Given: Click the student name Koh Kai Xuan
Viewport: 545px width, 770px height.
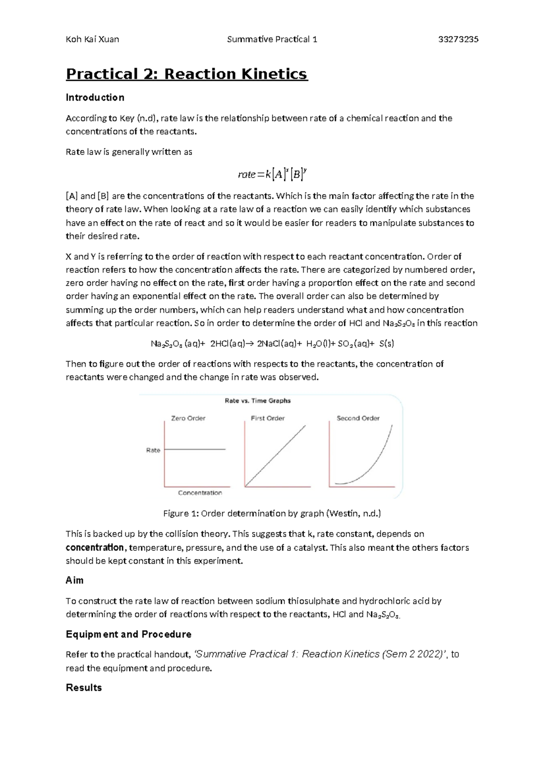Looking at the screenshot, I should tap(92, 39).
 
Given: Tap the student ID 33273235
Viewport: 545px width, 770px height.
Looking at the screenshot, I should tap(458, 39).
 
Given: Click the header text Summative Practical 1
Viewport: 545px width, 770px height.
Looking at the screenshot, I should tap(272, 39).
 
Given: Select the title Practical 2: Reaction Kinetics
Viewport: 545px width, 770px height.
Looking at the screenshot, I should tap(187, 74).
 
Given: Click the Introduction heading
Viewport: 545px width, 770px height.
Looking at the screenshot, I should tap(95, 98).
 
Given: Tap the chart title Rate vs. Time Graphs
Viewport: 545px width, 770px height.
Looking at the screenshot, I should tap(258, 400).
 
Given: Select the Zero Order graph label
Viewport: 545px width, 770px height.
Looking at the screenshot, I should tap(188, 418).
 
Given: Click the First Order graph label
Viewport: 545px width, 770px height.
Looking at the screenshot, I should tap(268, 418).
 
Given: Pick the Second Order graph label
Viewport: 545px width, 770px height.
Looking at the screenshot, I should tap(358, 418).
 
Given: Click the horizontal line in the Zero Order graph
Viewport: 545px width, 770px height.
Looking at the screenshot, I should tap(195, 449).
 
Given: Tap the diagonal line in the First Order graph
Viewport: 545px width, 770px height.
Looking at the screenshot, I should tap(275, 456).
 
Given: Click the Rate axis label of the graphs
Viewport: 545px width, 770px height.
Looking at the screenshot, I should tap(153, 450).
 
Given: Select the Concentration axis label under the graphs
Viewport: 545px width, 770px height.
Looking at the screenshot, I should tap(200, 493).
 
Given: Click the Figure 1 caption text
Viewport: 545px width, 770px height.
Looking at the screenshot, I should tap(272, 513).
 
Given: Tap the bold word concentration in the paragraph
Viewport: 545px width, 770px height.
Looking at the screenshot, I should tap(94, 548).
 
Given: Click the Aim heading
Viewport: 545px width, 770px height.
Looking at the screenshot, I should tap(74, 581).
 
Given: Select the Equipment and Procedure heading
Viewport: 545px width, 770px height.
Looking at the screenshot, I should tap(129, 634).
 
